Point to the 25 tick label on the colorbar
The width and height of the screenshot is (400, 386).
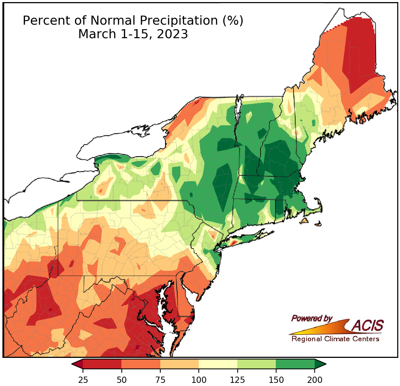(83, 380)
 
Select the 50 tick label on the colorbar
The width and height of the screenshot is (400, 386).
(121, 380)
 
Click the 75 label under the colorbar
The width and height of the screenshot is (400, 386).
(160, 380)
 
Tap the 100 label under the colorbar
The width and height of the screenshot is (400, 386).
(199, 380)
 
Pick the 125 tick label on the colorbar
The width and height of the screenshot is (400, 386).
(237, 380)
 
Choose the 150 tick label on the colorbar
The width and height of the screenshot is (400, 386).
(276, 380)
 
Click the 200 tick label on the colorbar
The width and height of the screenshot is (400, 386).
(315, 380)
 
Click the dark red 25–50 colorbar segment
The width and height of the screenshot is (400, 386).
(102, 364)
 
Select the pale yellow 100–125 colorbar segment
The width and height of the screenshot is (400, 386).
(218, 364)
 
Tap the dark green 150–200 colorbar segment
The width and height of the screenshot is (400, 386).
(295, 364)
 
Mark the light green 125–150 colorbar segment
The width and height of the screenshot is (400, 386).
(257, 364)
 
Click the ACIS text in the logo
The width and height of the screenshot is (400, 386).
(368, 326)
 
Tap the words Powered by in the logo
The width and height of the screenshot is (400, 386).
(312, 318)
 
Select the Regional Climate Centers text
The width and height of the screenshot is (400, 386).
(335, 339)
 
